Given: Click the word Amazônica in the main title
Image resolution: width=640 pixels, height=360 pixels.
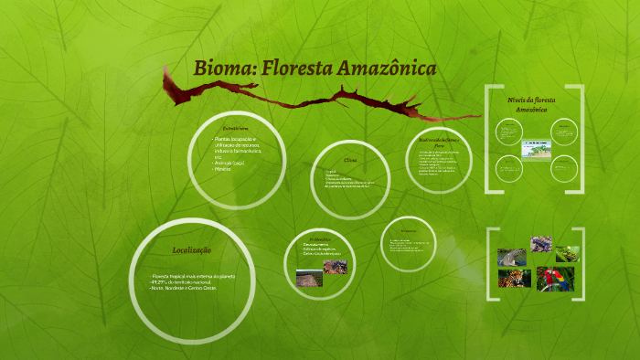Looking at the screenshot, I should point(385,69).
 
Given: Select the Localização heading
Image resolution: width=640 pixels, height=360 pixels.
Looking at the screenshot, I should point(192,249).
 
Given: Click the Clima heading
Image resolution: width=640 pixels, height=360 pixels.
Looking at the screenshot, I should point(349,160).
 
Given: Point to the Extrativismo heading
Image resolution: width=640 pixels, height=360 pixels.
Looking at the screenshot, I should point(235,129).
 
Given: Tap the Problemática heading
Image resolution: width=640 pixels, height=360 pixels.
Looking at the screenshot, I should point(314,237).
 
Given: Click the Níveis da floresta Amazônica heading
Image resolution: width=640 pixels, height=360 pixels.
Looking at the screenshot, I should point(531,103).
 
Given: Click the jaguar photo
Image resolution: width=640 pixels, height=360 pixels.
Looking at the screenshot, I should point(514,278).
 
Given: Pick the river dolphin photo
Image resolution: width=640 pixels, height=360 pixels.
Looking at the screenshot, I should point(511,257).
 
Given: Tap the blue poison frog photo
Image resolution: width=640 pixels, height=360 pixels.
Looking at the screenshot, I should point(540,245).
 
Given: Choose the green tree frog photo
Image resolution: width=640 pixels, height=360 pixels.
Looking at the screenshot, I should point(568,253).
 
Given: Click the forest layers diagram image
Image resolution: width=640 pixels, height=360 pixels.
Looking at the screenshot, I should point(535,148).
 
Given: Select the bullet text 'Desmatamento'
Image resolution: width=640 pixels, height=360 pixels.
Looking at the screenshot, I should point(316,244).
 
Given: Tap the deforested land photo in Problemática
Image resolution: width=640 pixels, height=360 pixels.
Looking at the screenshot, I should point(309,277).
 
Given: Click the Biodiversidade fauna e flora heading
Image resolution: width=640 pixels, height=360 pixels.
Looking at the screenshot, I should point(438,142).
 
